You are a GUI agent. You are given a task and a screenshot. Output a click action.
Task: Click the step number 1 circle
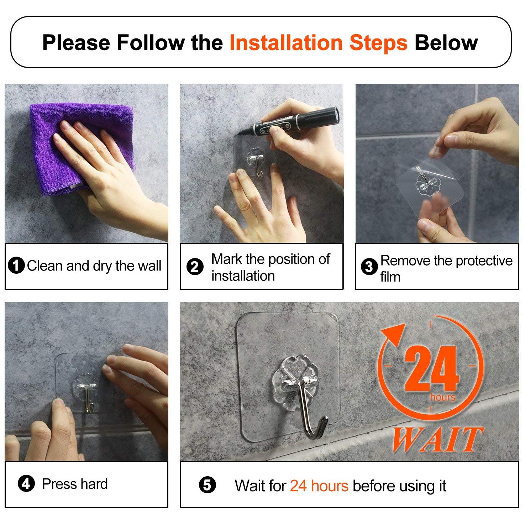click(16, 266)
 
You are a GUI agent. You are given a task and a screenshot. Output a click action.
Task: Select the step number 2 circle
click(195, 267)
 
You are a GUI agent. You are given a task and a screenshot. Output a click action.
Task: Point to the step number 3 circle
click(369, 267)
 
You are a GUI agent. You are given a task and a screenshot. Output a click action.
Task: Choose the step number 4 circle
click(26, 484)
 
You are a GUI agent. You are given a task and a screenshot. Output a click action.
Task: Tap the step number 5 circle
click(207, 485)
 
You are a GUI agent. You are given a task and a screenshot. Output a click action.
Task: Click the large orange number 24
click(431, 369)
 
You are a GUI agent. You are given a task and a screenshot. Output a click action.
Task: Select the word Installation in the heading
click(286, 43)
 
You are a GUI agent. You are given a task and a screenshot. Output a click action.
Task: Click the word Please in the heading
click(76, 43)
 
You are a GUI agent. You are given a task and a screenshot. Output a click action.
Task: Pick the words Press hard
click(75, 484)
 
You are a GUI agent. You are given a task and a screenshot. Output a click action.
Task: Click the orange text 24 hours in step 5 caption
click(319, 486)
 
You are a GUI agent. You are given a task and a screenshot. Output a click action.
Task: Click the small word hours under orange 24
click(443, 397)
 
